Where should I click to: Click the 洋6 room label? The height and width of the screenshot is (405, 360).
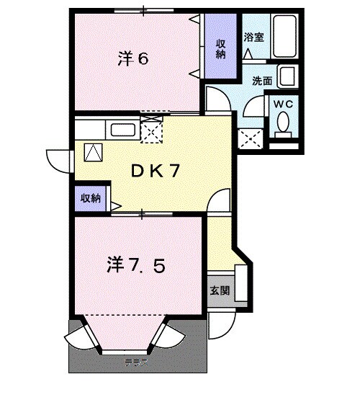point(133,58)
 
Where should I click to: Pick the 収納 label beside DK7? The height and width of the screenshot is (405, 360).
point(90,198)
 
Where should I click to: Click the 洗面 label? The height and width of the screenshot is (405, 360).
point(261,81)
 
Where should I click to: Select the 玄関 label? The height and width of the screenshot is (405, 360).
point(220,291)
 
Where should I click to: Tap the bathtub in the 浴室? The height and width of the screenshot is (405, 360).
point(283,37)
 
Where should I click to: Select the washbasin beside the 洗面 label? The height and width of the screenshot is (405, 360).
point(287,77)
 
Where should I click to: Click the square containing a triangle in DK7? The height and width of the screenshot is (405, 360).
point(94,153)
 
